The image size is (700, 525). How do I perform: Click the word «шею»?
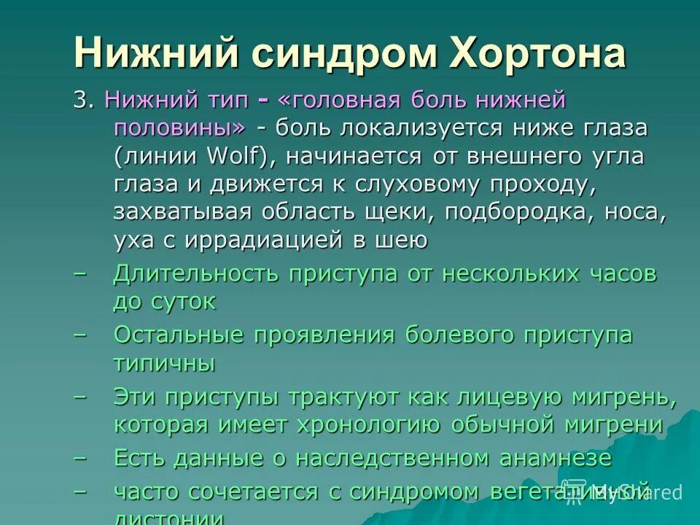pos(401,239)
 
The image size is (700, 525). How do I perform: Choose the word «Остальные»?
pos(179,335)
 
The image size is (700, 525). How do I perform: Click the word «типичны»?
pos(164,363)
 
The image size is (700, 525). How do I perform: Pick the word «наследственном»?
pos(391,458)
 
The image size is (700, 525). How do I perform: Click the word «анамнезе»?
pos(556,458)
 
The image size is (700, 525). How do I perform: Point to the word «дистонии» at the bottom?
pos(168,517)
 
